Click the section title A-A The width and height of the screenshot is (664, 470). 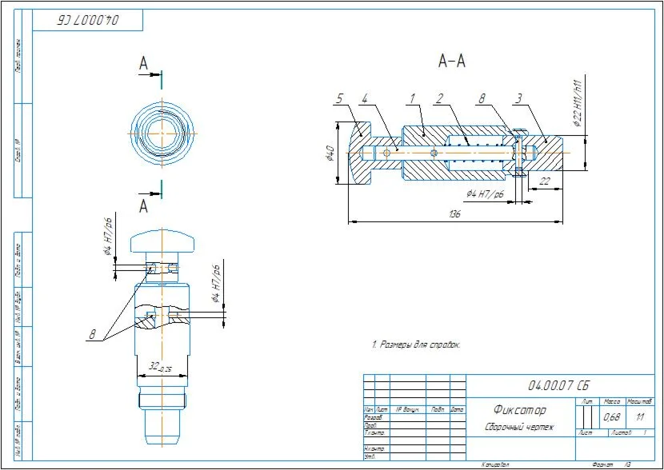452,61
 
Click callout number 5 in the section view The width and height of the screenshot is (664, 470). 339,99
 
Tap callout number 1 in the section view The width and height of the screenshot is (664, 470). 411,99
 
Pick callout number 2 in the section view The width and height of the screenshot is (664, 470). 439,99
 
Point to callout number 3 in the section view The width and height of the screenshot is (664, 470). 518,99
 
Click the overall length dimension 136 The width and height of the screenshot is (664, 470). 455,214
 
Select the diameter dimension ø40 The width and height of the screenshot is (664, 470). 328,153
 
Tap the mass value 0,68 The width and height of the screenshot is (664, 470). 613,416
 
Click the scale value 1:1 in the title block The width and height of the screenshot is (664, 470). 640,416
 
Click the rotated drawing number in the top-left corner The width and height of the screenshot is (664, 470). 87,20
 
